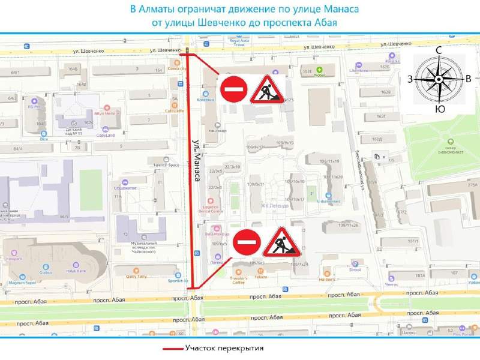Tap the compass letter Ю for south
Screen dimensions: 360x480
coord(440,109)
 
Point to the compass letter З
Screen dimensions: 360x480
coord(410,79)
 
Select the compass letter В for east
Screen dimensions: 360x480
coord(468,79)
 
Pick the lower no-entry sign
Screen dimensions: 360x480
coord(246,242)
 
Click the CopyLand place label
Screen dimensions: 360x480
coord(106,135)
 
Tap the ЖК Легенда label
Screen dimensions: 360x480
coord(274,206)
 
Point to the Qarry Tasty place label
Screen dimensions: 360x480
coord(136,277)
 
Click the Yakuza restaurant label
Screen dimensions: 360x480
coord(260,277)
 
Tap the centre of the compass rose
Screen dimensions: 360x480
coord(439,79)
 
